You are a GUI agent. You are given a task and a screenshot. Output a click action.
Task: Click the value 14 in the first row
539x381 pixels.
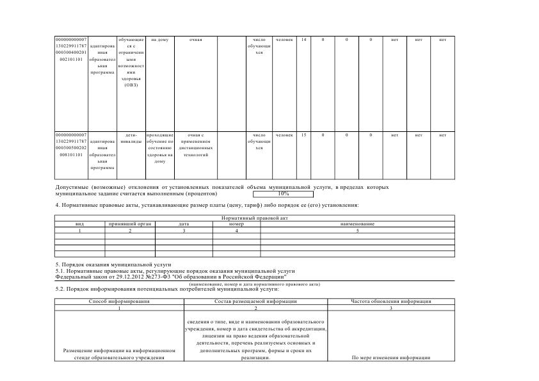(x=303, y=40)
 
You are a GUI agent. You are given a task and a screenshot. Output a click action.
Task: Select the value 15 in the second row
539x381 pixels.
(x=303, y=135)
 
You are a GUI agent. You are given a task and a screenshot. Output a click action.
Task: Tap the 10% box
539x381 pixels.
(x=283, y=193)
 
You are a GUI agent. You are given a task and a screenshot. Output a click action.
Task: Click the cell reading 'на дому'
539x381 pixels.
(x=159, y=40)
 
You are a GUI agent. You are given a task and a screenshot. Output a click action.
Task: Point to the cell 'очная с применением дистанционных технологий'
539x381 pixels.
(x=195, y=145)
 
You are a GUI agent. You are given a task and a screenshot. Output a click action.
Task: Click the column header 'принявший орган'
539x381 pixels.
(x=130, y=224)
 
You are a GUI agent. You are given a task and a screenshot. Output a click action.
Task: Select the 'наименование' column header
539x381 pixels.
(x=357, y=224)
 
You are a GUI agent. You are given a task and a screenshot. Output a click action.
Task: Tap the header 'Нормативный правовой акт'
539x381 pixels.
(x=255, y=219)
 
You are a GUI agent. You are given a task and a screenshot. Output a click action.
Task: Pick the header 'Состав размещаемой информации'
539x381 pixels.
(x=255, y=301)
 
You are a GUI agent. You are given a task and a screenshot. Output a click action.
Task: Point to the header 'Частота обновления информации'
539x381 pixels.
(x=390, y=301)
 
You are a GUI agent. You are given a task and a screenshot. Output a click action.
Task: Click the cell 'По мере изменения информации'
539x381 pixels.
(x=390, y=358)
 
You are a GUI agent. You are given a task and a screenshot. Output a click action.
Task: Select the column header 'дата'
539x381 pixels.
(x=184, y=224)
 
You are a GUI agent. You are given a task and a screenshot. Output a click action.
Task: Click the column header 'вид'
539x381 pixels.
(x=80, y=224)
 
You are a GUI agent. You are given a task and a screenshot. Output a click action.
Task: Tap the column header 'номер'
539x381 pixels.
(x=236, y=224)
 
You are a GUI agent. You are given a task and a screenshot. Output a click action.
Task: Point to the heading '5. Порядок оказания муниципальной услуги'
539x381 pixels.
(x=113, y=264)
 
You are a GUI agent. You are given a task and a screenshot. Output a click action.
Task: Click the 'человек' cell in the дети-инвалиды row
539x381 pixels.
(x=284, y=135)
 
